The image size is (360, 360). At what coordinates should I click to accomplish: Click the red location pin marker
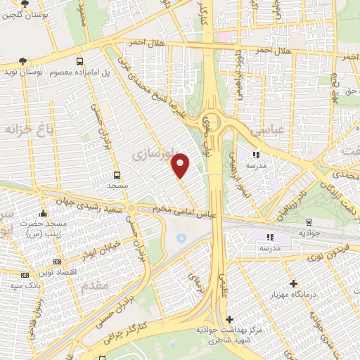pyautogui.click(x=181, y=165)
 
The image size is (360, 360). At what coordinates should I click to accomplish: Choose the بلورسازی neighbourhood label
pyautogui.click(x=154, y=150)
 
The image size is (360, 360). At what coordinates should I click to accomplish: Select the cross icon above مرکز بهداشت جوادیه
pyautogui.click(x=230, y=319)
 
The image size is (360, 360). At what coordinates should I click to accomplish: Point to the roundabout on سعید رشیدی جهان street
pyautogui.click(x=131, y=209)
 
